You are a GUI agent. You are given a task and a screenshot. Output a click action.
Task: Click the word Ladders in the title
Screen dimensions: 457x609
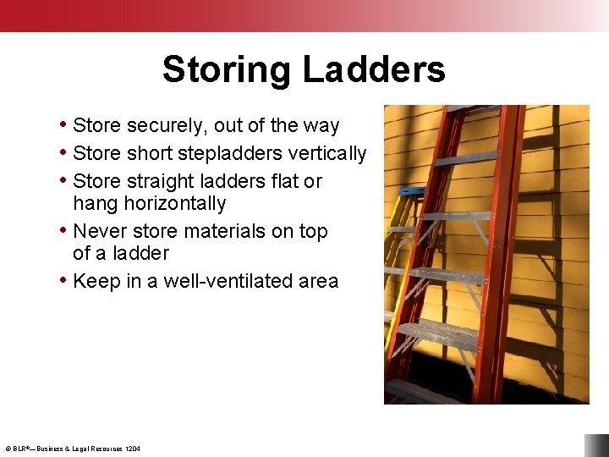373,69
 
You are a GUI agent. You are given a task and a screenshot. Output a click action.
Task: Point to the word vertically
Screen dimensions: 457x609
327,154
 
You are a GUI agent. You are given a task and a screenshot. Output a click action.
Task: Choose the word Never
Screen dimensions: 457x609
101,232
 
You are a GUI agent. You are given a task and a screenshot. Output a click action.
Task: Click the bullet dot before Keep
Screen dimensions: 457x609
63,280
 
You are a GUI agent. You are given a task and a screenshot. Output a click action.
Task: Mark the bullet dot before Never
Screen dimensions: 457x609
63,230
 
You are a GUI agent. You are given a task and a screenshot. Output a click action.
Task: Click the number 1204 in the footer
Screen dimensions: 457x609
133,449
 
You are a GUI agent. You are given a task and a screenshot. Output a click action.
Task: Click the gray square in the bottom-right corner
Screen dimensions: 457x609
596,445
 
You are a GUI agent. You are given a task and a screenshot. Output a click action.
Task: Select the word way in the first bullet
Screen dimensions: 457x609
321,126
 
